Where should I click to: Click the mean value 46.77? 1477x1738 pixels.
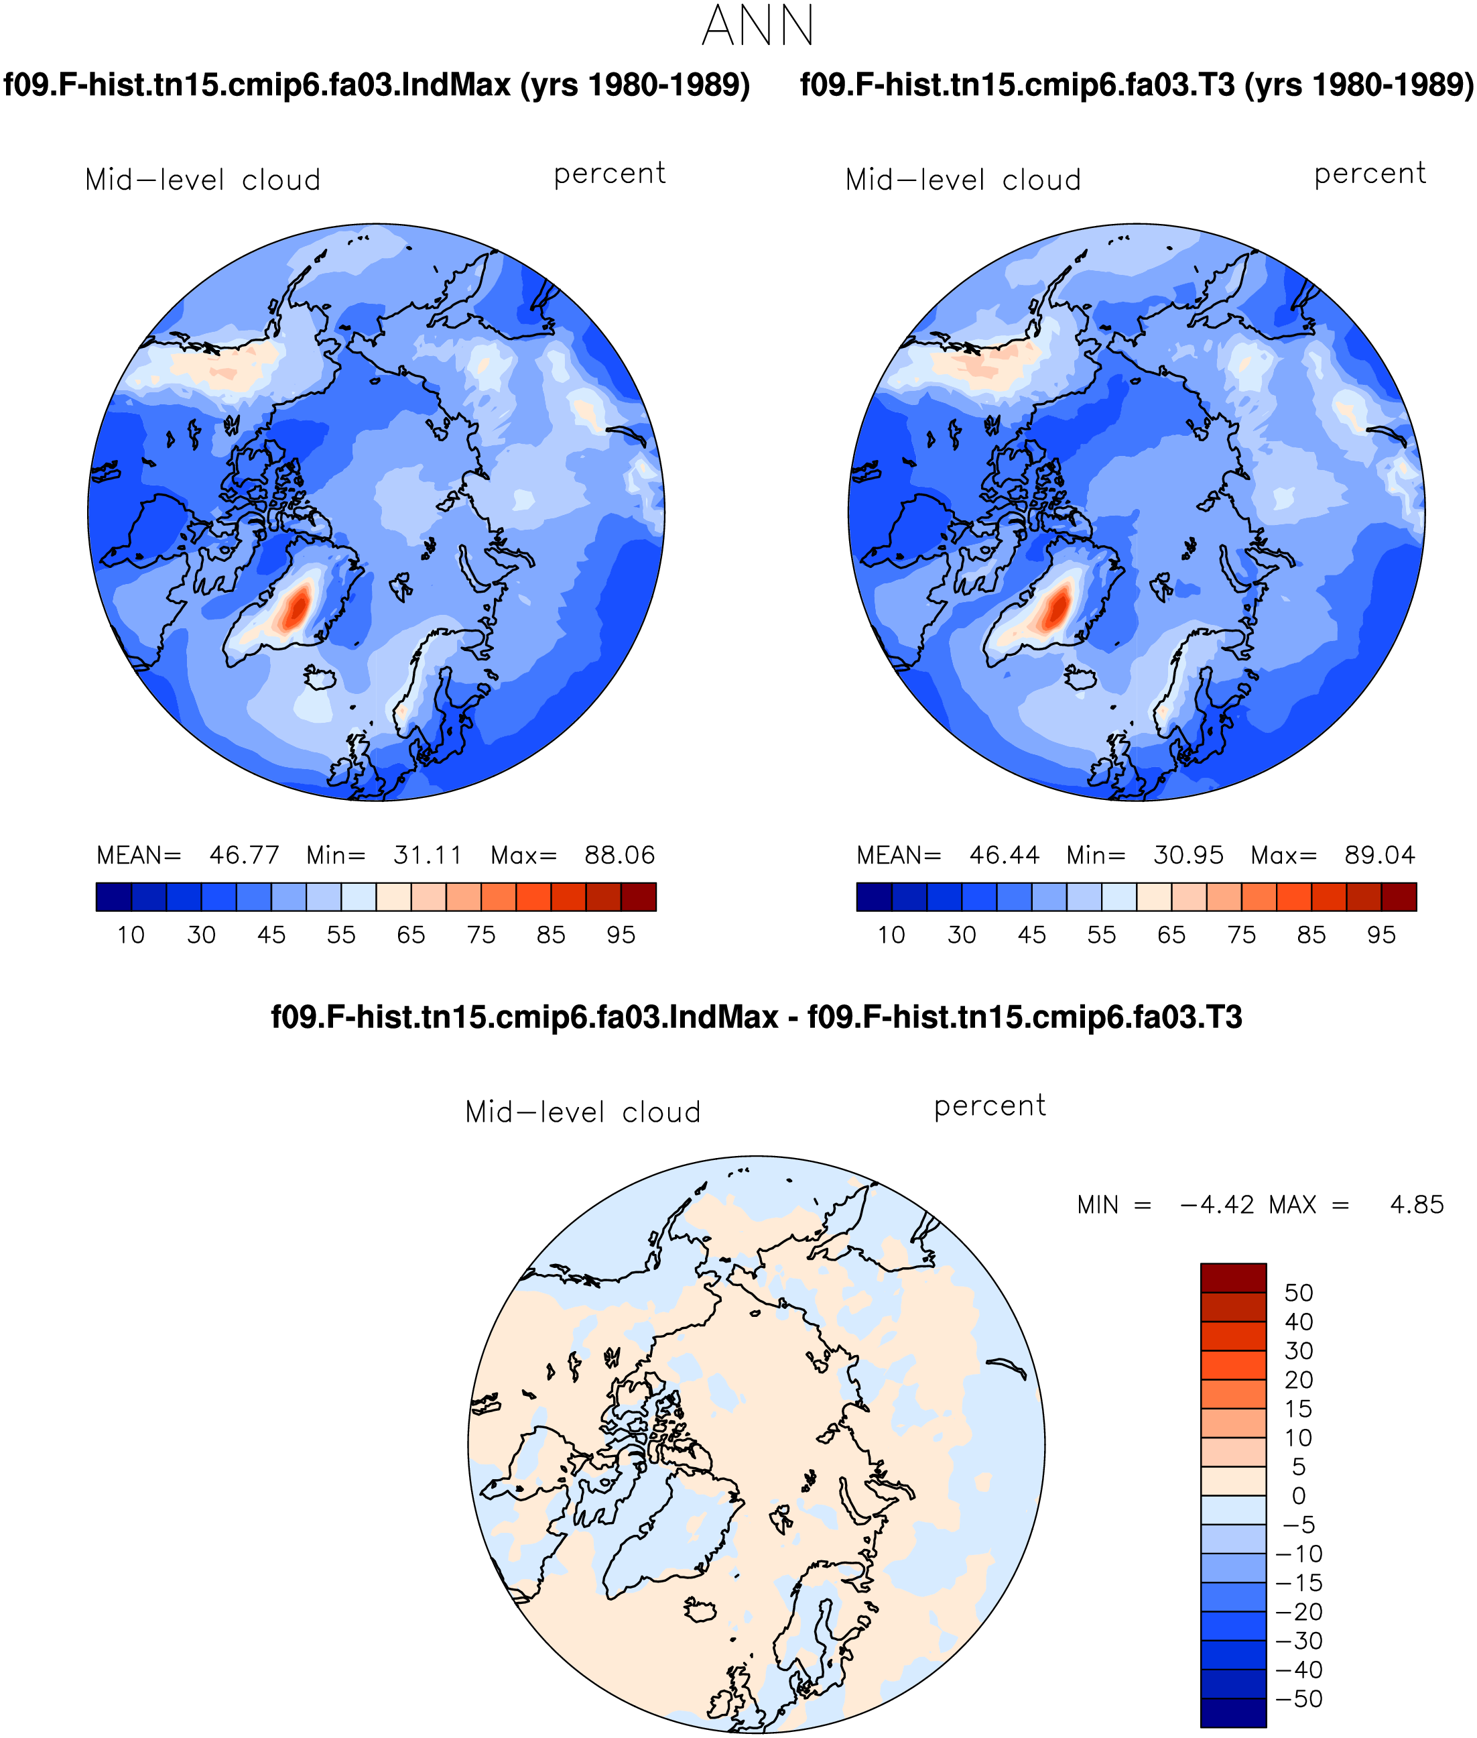[244, 855]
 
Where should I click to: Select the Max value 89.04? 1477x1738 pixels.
[1379, 855]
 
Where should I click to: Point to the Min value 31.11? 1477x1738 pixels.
[427, 855]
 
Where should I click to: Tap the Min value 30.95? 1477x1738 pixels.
[1188, 855]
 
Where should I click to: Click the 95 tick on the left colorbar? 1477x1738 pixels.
[621, 935]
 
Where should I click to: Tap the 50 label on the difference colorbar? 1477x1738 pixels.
[1299, 1292]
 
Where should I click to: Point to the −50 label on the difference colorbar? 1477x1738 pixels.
[1299, 1698]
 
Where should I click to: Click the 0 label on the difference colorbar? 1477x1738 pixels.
[1299, 1495]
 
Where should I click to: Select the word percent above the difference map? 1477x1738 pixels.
[990, 1106]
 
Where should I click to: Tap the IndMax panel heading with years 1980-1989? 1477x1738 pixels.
[377, 84]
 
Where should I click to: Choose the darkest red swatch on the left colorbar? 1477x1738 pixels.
[638, 896]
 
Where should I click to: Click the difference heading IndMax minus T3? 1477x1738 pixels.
[756, 1017]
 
